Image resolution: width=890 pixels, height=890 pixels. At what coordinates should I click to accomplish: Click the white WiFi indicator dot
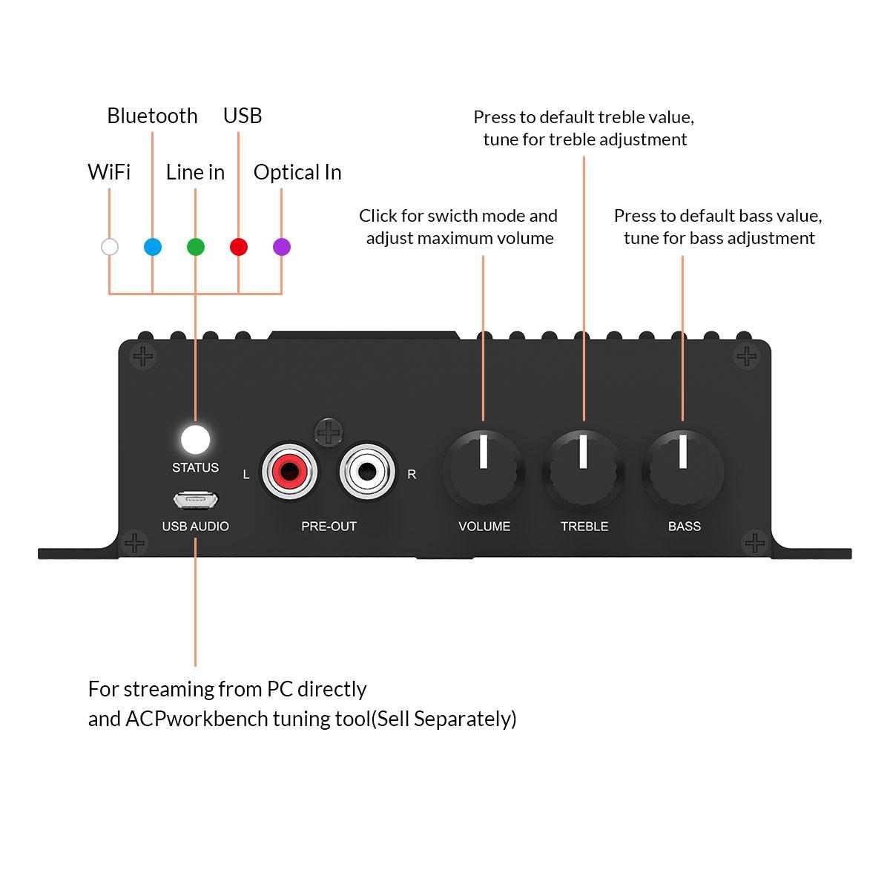pos(110,247)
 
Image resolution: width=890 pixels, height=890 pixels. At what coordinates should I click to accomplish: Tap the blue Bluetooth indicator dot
pos(153,247)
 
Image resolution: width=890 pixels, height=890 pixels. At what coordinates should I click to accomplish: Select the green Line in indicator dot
pos(196,247)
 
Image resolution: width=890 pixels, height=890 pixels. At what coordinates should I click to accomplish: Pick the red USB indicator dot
pos(239,247)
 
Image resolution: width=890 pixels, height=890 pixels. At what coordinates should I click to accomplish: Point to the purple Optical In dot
pos(282,247)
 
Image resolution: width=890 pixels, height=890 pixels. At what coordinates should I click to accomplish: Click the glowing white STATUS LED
pos(196,439)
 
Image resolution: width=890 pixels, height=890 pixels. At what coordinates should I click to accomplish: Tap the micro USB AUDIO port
pos(196,501)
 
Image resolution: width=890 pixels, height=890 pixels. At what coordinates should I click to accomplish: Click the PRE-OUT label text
pos(329,527)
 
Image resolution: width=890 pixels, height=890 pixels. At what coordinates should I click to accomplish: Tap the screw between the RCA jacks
pos(329,431)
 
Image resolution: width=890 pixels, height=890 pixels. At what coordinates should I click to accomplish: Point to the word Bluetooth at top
pos(152,116)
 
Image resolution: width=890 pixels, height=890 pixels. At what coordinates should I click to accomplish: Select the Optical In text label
pos(297,172)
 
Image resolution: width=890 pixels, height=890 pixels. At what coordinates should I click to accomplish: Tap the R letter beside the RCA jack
pos(412,475)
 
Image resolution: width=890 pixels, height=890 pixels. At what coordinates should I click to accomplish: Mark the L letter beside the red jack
pos(246,475)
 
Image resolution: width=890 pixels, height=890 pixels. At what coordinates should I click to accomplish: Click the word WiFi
pos(109,172)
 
